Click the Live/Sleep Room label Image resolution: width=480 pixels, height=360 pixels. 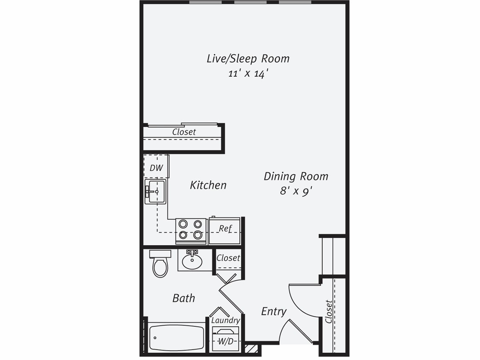pyautogui.click(x=248, y=58)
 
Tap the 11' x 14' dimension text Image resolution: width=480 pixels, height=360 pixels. pyautogui.click(x=248, y=73)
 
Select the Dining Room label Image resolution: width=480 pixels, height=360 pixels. pyautogui.click(x=296, y=176)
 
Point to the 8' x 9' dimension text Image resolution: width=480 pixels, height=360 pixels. pyautogui.click(x=296, y=191)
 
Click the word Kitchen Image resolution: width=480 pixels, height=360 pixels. pyautogui.click(x=208, y=185)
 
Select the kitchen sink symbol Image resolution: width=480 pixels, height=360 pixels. pyautogui.click(x=155, y=192)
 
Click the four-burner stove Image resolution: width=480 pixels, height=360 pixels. pyautogui.click(x=191, y=230)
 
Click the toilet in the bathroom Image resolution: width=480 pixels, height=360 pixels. pyautogui.click(x=160, y=264)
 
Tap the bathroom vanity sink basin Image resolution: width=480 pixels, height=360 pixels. pyautogui.click(x=192, y=261)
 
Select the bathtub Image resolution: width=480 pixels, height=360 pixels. pyautogui.click(x=177, y=338)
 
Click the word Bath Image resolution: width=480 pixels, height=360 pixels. pyautogui.click(x=183, y=298)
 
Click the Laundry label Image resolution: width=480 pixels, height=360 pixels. pyautogui.click(x=226, y=320)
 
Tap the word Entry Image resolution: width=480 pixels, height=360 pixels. pyautogui.click(x=273, y=311)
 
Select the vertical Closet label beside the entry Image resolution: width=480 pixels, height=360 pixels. pyautogui.click(x=328, y=311)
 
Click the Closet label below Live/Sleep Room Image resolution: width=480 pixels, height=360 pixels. pyautogui.click(x=184, y=132)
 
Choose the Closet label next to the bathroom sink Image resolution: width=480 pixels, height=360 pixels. pyautogui.click(x=228, y=258)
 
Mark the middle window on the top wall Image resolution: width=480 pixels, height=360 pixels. pyautogui.click(x=250, y=2)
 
